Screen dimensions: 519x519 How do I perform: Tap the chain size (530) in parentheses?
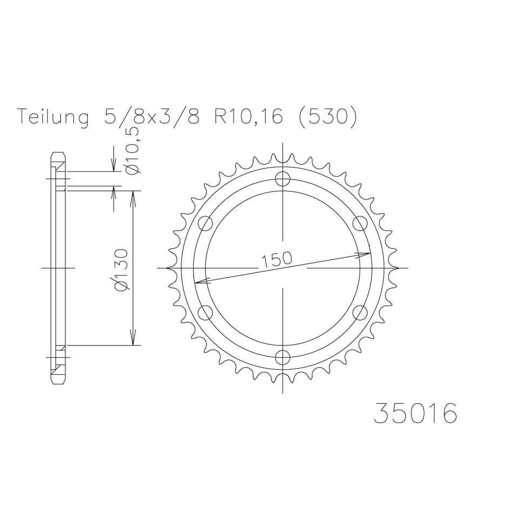[x=327, y=117]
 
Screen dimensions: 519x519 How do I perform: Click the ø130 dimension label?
[x=123, y=270]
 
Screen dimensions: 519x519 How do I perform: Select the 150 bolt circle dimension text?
[x=277, y=259]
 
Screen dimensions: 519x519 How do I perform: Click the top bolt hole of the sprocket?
[x=282, y=178]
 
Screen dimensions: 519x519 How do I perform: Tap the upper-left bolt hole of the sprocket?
[x=205, y=223]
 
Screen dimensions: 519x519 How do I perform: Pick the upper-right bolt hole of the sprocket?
[x=359, y=223]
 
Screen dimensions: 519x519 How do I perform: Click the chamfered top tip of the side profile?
[x=58, y=155]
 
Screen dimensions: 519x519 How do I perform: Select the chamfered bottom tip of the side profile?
[x=58, y=381]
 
